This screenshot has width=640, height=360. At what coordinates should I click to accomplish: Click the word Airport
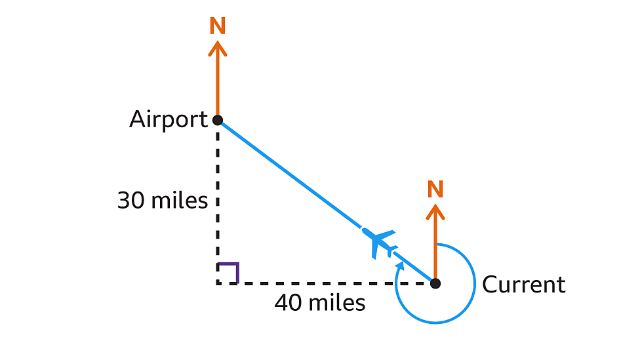[168, 119]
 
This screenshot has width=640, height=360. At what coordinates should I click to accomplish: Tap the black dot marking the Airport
[218, 120]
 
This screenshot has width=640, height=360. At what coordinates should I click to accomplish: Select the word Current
[523, 285]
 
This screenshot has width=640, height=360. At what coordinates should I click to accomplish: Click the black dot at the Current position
[435, 283]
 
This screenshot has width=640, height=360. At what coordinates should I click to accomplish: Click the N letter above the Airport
[218, 26]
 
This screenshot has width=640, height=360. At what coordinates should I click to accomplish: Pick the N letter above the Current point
[435, 190]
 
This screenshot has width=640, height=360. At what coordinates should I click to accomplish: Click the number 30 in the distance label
[131, 201]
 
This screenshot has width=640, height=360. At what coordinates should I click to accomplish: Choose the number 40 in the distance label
[289, 303]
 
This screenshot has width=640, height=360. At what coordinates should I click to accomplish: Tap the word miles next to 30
[179, 201]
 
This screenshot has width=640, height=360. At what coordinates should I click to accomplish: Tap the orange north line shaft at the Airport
[218, 85]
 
